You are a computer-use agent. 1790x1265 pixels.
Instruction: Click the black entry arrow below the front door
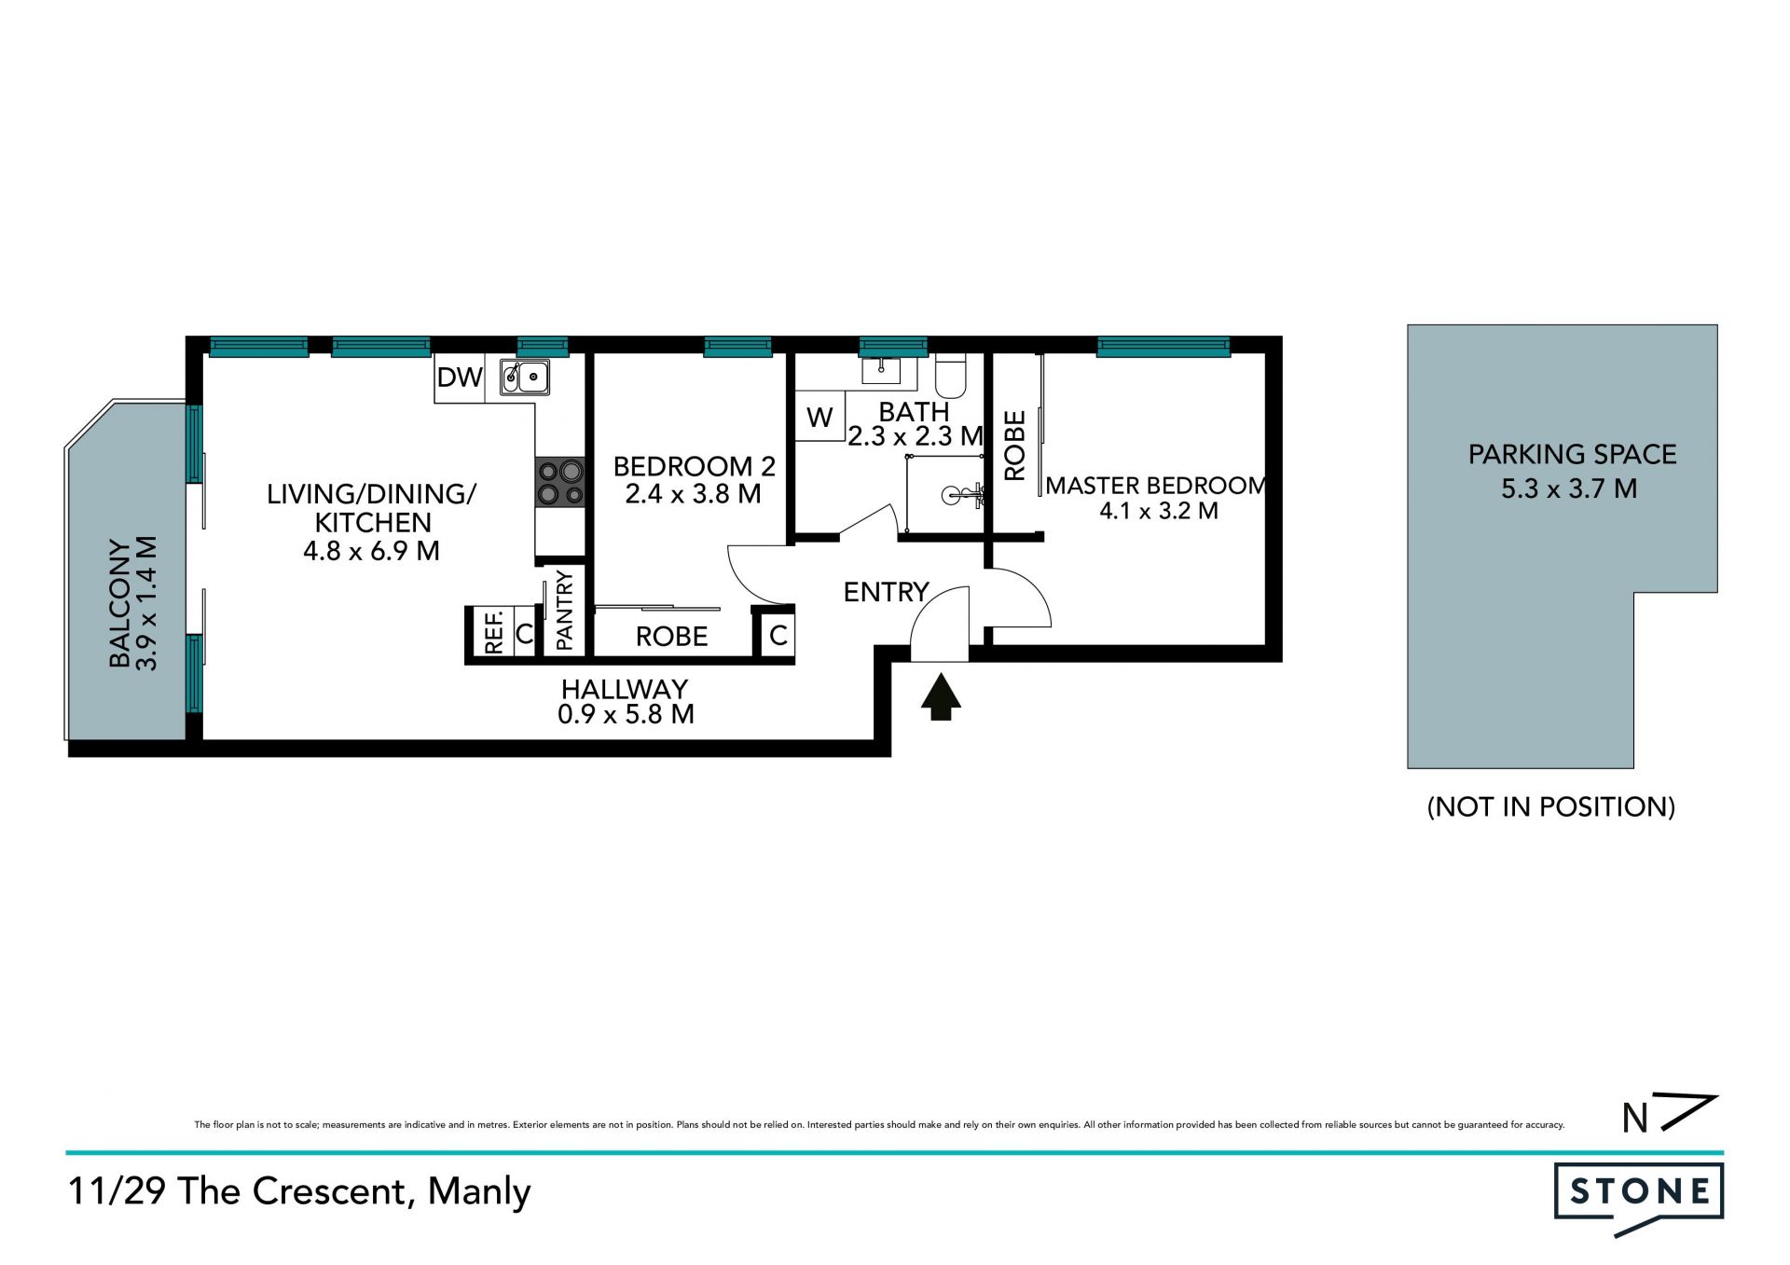tap(941, 696)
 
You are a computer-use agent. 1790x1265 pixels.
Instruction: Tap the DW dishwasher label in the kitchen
tap(460, 378)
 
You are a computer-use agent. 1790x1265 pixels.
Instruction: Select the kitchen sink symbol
tap(524, 378)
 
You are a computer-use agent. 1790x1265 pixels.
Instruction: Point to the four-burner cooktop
tap(559, 483)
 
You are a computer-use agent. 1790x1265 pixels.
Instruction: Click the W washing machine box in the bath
tap(819, 417)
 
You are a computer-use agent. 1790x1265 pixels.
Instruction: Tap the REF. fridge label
tap(494, 631)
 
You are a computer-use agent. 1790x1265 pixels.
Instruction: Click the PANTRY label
tap(564, 611)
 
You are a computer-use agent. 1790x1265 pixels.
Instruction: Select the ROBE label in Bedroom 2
tap(671, 637)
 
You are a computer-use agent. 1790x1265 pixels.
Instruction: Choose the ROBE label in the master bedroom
tap(1014, 446)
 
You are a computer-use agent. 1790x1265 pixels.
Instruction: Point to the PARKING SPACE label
tap(1572, 455)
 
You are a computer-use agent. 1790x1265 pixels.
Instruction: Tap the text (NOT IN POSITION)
tap(1551, 806)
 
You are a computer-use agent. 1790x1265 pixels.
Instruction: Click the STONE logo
tap(1638, 1199)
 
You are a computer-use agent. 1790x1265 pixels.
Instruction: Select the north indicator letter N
tap(1635, 1119)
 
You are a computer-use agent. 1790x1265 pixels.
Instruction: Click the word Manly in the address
tap(479, 1192)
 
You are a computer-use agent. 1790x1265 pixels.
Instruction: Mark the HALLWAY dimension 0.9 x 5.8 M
tap(626, 715)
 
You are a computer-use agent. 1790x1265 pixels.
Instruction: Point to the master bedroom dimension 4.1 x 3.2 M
tap(1159, 511)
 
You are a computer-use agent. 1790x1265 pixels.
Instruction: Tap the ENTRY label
tap(886, 592)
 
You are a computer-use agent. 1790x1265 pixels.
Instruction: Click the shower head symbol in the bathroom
tap(960, 494)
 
